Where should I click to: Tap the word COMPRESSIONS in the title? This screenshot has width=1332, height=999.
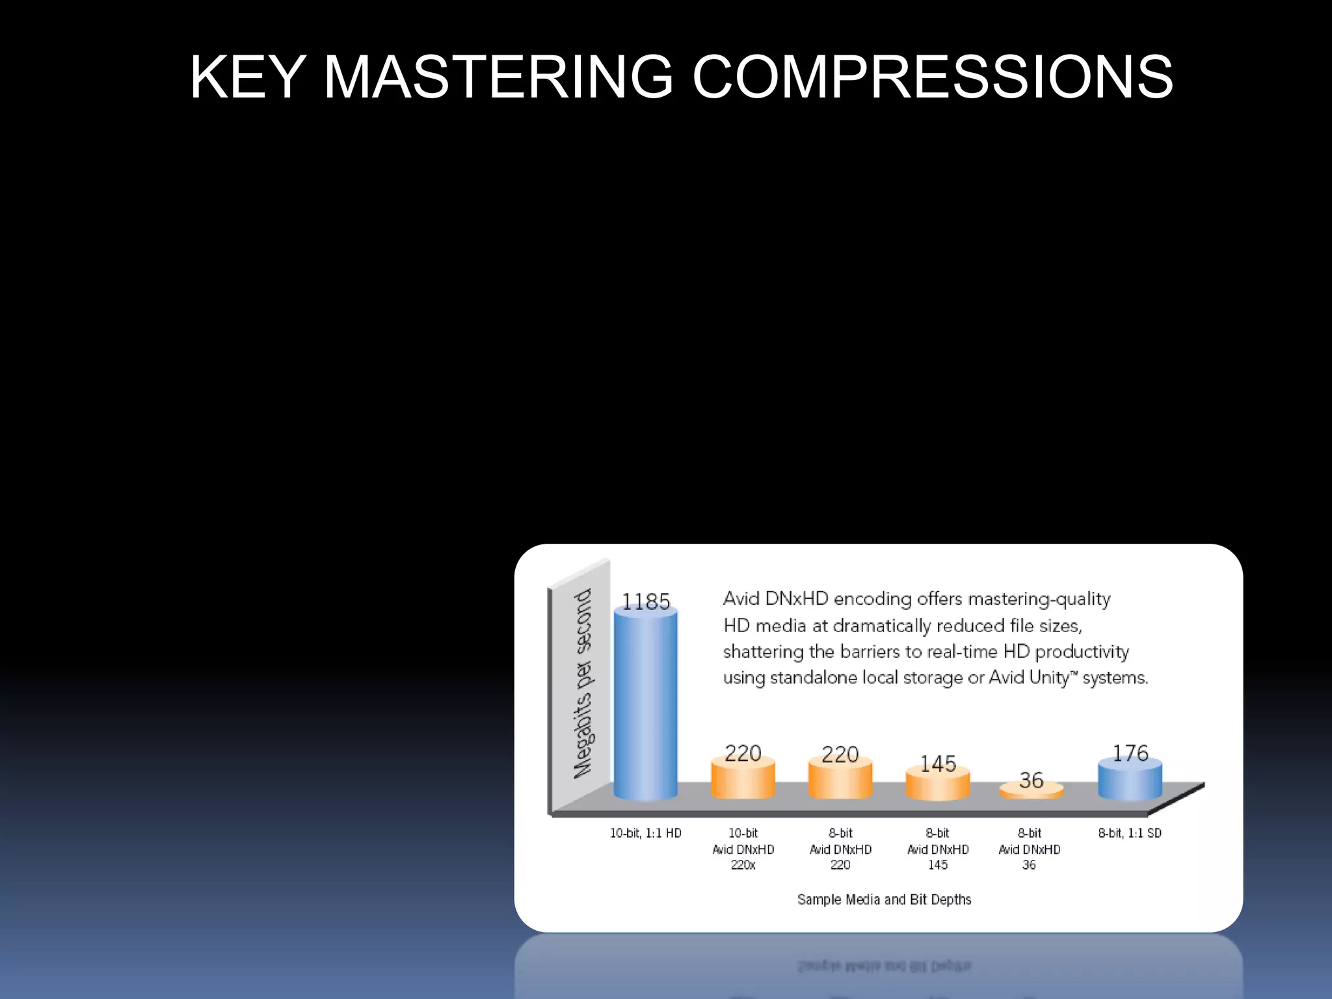tap(933, 77)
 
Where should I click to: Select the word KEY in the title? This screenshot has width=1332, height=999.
tap(248, 77)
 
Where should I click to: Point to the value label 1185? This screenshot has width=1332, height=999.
tap(645, 602)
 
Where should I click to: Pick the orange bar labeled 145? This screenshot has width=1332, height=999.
tap(937, 785)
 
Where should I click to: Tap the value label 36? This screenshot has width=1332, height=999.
tap(1031, 780)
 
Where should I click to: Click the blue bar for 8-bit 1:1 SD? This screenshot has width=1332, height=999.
tap(1130, 780)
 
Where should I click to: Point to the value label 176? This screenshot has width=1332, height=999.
tap(1130, 753)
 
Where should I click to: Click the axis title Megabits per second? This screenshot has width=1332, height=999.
tap(583, 683)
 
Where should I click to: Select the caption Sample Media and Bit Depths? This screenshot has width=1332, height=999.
tap(884, 899)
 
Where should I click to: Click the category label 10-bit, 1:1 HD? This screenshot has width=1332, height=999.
tap(645, 833)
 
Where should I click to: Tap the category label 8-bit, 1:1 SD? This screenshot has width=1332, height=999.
tap(1130, 833)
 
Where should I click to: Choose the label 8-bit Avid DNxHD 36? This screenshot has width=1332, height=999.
tap(1029, 849)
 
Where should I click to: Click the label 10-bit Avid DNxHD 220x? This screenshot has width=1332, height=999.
tap(743, 849)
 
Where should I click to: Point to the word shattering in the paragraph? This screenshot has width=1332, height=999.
tap(763, 652)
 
